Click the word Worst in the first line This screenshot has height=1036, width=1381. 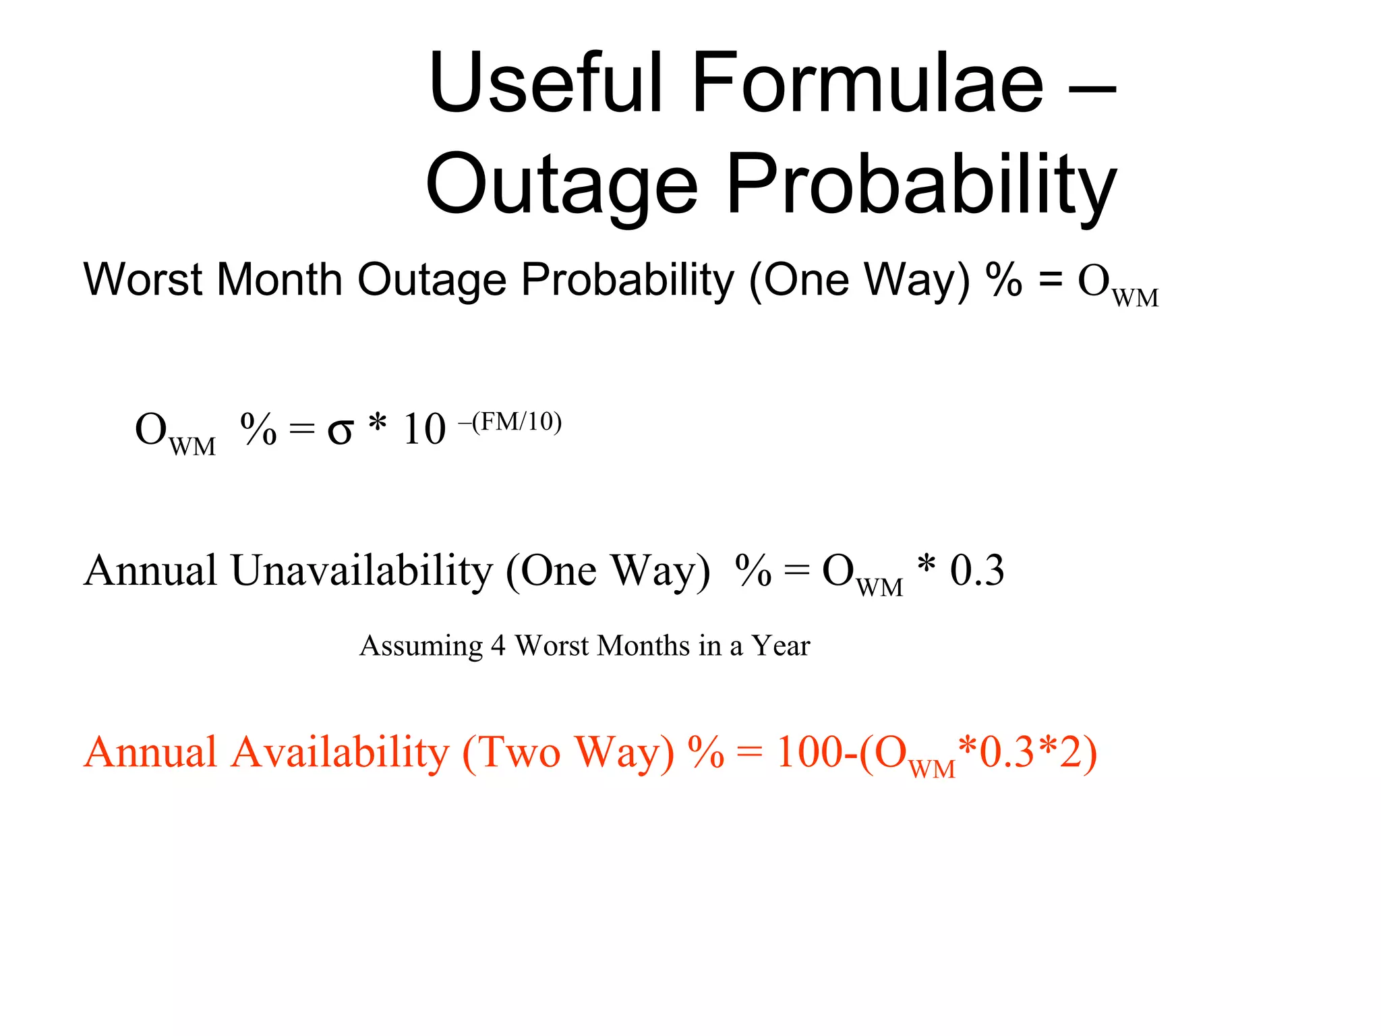click(142, 279)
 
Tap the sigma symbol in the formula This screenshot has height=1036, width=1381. click(340, 430)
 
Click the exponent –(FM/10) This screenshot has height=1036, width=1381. click(510, 422)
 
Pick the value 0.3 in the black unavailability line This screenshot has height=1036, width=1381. click(976, 571)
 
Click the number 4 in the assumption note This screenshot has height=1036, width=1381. click(498, 646)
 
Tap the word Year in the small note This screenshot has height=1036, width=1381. click(780, 646)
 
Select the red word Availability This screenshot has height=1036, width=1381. click(340, 752)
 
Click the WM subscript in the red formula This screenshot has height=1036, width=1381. click(932, 769)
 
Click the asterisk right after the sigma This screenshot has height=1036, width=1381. click(378, 424)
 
